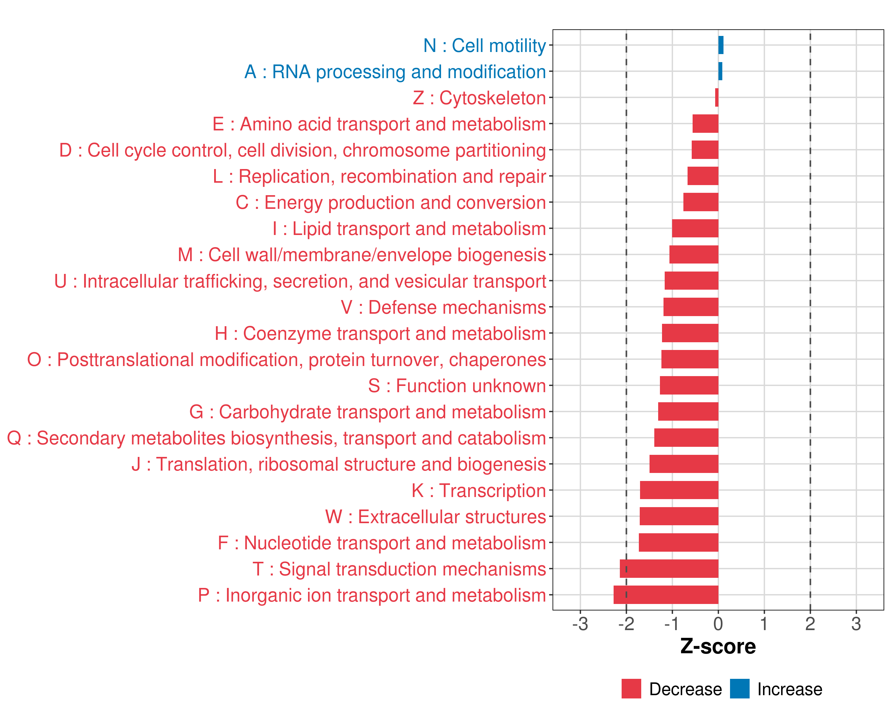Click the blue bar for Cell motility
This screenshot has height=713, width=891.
click(721, 45)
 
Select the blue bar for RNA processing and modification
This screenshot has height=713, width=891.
click(720, 71)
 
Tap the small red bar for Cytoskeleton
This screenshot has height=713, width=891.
click(717, 97)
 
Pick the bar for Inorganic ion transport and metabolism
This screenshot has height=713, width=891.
click(666, 595)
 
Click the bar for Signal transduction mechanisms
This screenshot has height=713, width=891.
click(669, 568)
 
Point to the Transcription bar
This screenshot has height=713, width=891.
click(679, 490)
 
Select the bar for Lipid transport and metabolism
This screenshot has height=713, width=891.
click(695, 228)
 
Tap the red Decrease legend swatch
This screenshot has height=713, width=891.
click(631, 689)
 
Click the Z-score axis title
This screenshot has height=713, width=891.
click(718, 646)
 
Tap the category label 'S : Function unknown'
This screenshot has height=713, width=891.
click(457, 386)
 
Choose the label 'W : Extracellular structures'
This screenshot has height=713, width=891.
click(436, 517)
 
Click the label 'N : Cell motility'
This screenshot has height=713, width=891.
click(484, 45)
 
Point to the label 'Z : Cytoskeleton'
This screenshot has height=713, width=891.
click(479, 98)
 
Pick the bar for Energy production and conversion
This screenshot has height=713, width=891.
click(701, 202)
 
